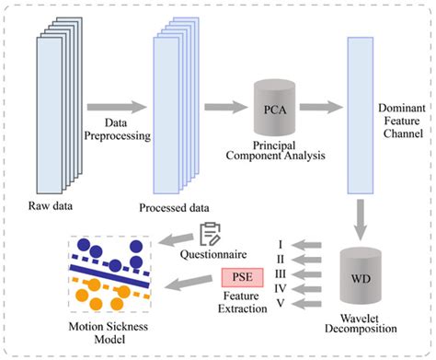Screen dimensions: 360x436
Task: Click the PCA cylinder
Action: click(x=274, y=111)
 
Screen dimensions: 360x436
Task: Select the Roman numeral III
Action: click(x=281, y=275)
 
